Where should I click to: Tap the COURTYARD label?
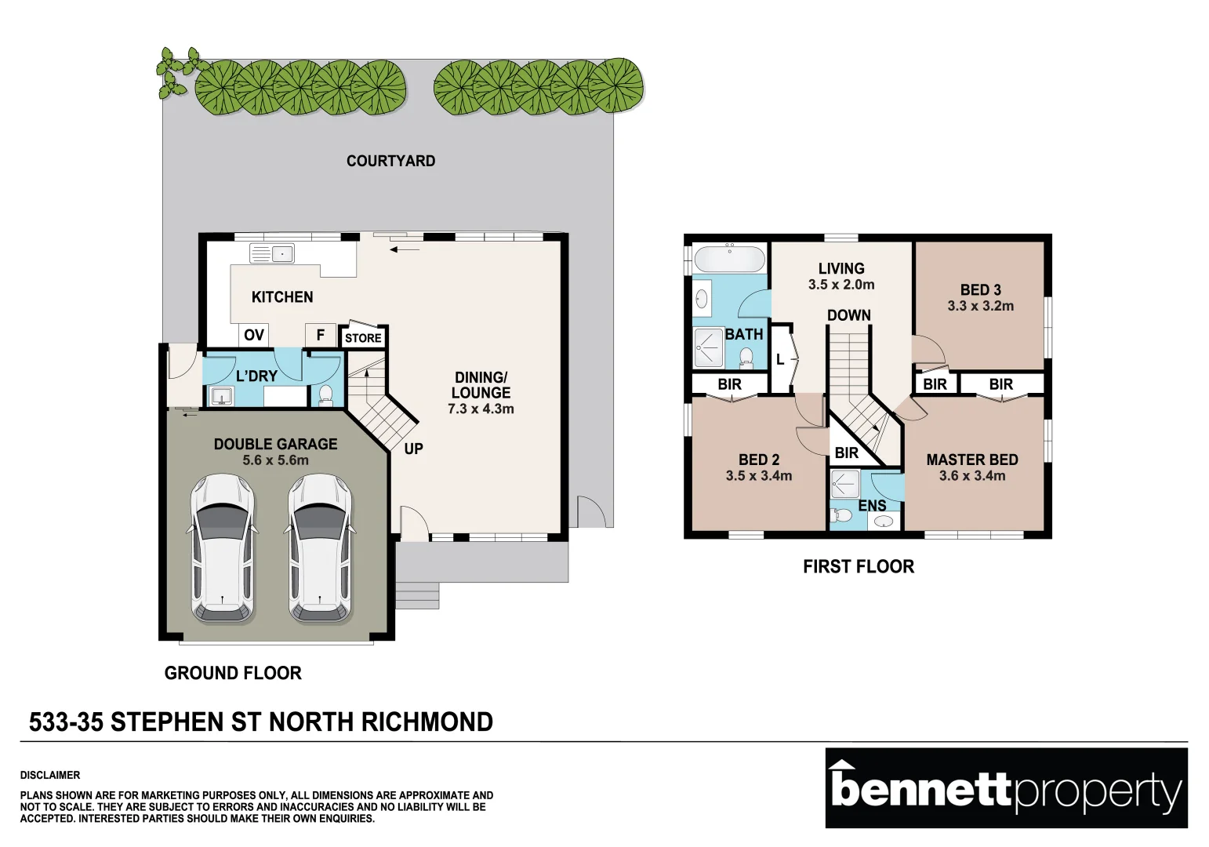390,161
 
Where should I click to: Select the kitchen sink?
271,253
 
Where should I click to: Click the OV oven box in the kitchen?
253,335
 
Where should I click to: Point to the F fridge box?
320,335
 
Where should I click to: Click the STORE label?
363,338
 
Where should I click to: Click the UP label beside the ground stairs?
413,449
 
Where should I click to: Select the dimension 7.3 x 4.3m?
481,409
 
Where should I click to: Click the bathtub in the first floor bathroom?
729,259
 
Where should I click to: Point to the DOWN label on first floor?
848,315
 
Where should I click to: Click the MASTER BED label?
971,460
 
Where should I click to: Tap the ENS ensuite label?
872,506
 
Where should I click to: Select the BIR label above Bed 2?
729,384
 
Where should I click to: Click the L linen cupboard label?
780,360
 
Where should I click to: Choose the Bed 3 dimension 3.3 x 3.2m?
980,306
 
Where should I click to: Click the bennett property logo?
1006,787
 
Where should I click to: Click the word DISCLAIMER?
50,775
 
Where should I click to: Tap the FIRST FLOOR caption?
858,566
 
